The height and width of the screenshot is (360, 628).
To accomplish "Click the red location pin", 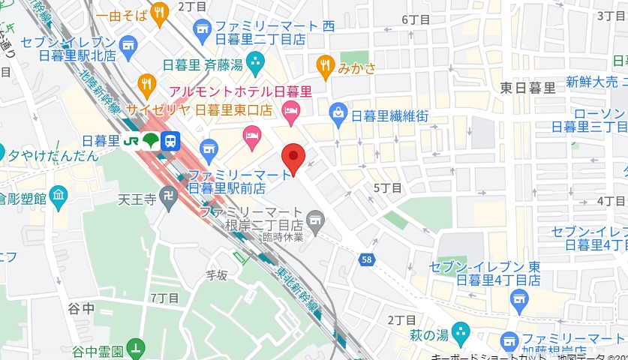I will (x=292, y=158).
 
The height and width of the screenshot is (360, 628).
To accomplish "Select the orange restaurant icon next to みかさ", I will (x=325, y=67).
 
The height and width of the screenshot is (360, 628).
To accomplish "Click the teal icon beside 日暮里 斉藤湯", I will (x=256, y=59).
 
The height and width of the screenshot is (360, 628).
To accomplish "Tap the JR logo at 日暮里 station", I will (x=131, y=140).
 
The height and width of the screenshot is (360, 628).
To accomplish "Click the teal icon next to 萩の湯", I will (x=461, y=331).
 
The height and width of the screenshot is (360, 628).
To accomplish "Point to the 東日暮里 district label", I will (x=528, y=88).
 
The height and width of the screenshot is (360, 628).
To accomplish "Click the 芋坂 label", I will (x=216, y=275).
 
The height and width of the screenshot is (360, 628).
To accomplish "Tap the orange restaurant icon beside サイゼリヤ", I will (x=146, y=83).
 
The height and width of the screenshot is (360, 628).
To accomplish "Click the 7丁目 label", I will (x=164, y=298).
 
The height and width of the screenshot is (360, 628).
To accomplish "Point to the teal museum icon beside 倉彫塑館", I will (x=59, y=196).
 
